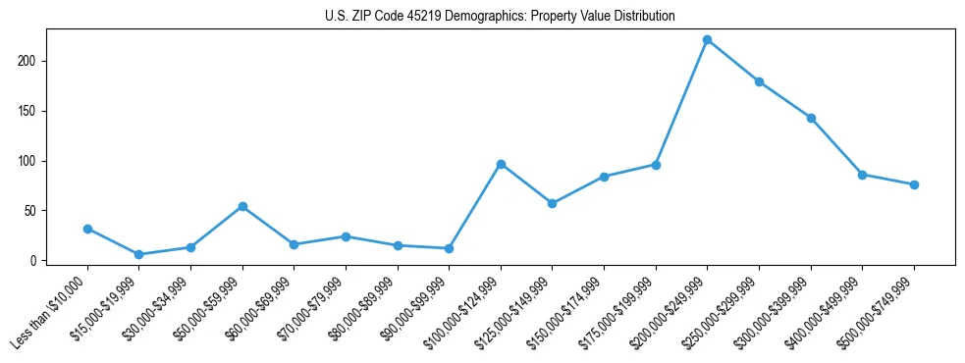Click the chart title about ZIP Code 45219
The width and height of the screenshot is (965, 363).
pos(500,17)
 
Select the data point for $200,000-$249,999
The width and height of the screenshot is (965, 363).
pos(707,40)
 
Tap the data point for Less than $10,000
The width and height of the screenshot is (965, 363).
pos(87,229)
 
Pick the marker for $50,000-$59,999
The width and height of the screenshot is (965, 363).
pos(242,207)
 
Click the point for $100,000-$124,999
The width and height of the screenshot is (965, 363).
pos(501,164)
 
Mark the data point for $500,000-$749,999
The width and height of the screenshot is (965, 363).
pos(914,184)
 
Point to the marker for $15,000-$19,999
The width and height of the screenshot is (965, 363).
pos(138,254)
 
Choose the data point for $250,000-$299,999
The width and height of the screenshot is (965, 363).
pos(759,81)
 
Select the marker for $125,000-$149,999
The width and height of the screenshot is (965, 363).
pos(552,203)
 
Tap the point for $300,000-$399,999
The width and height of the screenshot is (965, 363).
pos(811,118)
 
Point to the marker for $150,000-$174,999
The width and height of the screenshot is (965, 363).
pos(604,177)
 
